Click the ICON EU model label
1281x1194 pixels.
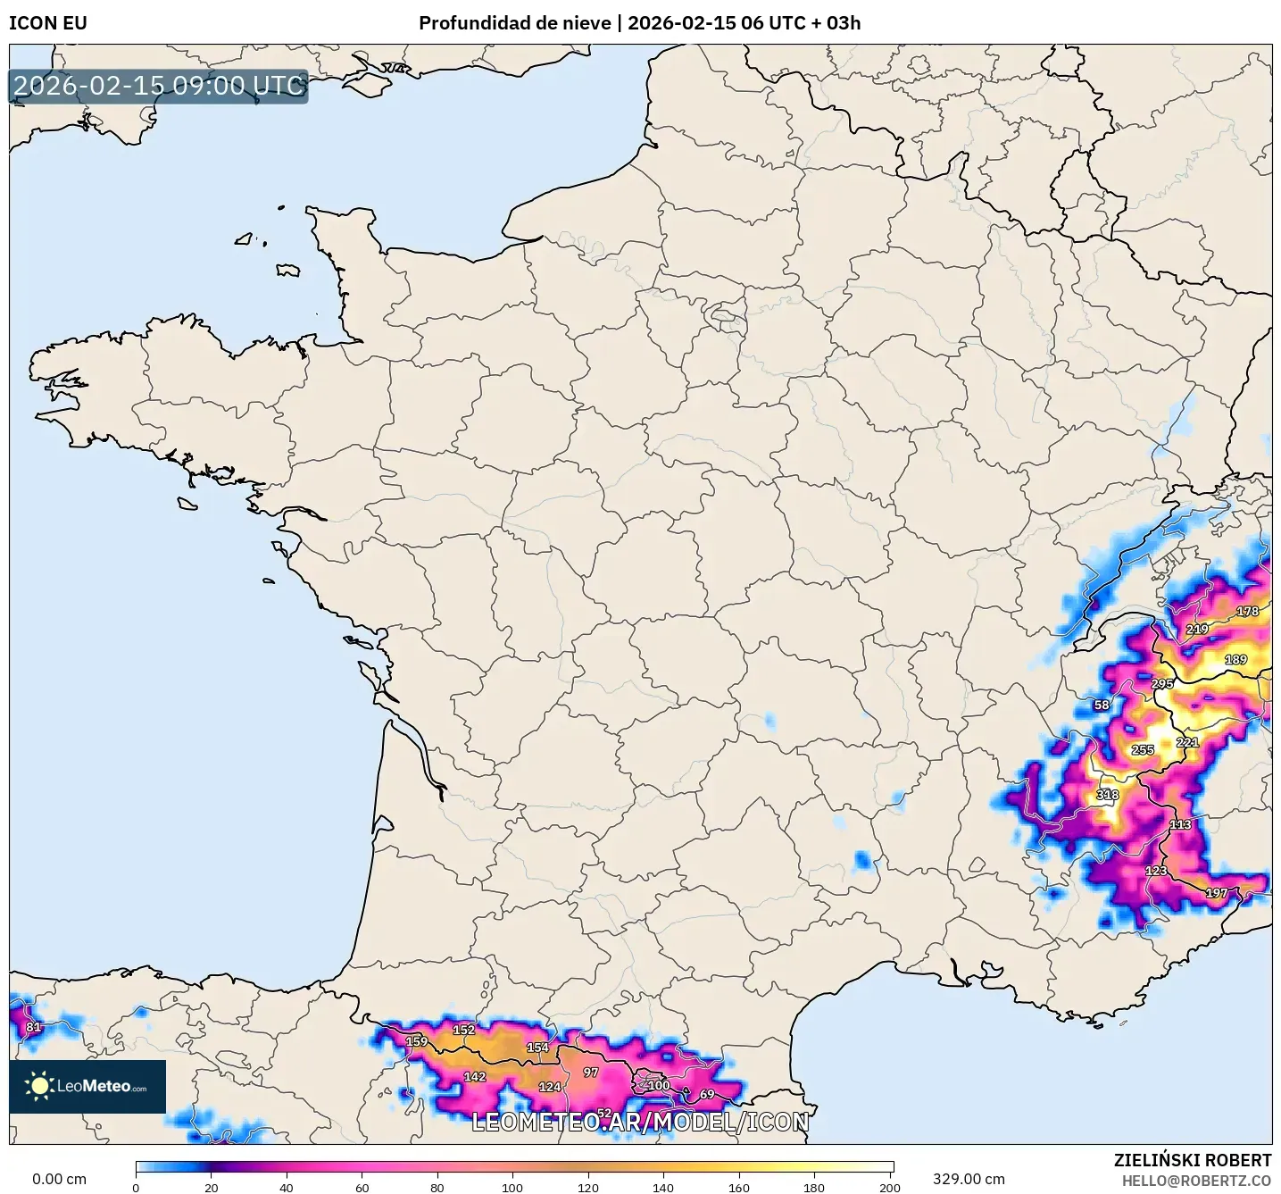pyautogui.click(x=48, y=23)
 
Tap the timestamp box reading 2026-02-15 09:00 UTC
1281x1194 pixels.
pyautogui.click(x=159, y=86)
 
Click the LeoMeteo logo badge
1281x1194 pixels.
pyautogui.click(x=87, y=1087)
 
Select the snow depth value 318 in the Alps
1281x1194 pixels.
pyautogui.click(x=1108, y=795)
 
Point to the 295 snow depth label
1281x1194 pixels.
pyautogui.click(x=1162, y=684)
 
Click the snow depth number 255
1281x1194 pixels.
pyautogui.click(x=1143, y=750)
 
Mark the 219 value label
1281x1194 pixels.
pyautogui.click(x=1197, y=630)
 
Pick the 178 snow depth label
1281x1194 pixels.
pyautogui.click(x=1247, y=612)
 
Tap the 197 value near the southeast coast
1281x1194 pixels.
pyautogui.click(x=1217, y=893)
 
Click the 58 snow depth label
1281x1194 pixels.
pyautogui.click(x=1102, y=706)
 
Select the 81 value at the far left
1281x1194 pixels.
pyautogui.click(x=34, y=1027)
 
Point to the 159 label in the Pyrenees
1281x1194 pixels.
pyautogui.click(x=417, y=1042)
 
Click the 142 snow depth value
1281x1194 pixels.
pyautogui.click(x=475, y=1077)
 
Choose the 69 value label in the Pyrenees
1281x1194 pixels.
pyautogui.click(x=707, y=1094)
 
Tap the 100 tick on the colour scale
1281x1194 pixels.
pyautogui.click(x=512, y=1188)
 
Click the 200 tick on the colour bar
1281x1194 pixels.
pyautogui.click(x=889, y=1188)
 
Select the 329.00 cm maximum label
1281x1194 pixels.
pyautogui.click(x=969, y=1180)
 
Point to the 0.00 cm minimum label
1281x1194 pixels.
pyautogui.click(x=60, y=1180)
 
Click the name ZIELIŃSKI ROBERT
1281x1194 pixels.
pyautogui.click(x=1193, y=1160)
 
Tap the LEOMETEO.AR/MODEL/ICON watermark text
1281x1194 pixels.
pyautogui.click(x=640, y=1123)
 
